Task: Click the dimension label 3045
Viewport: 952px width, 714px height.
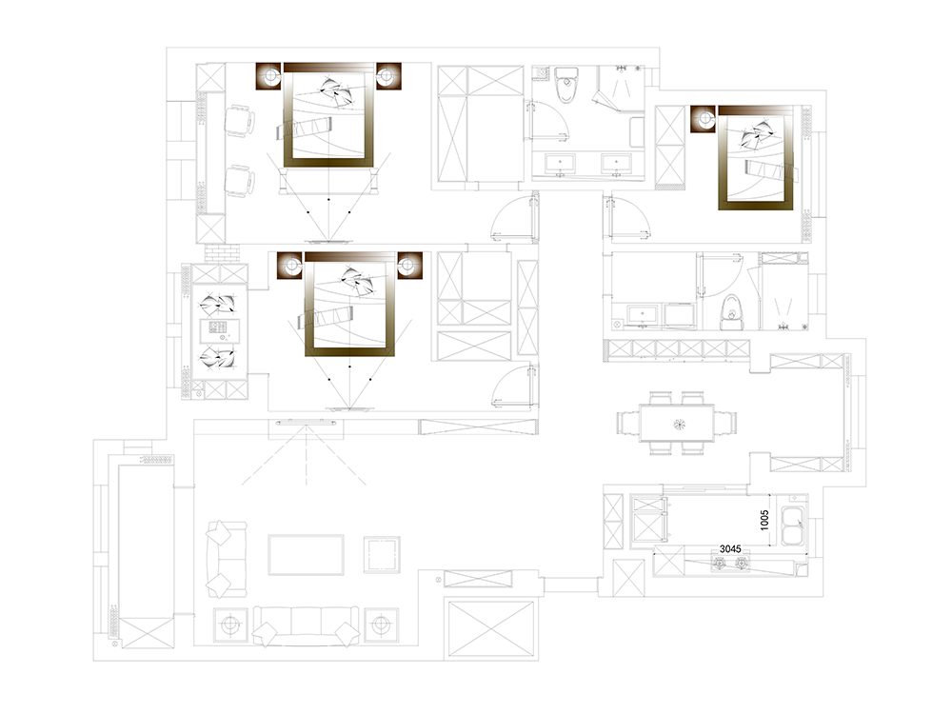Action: [x=730, y=549]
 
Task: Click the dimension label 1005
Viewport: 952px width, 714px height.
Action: [x=764, y=520]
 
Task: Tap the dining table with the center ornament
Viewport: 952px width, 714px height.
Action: [x=676, y=424]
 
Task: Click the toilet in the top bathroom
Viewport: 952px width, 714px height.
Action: [x=565, y=85]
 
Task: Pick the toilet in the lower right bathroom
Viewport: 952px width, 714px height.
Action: [x=732, y=312]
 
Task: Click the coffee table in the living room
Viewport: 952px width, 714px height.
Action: [x=306, y=554]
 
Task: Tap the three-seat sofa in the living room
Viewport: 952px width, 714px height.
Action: [x=306, y=625]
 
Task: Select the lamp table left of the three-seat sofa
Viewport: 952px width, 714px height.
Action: [x=230, y=625]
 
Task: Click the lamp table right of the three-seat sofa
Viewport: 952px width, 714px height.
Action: [x=382, y=625]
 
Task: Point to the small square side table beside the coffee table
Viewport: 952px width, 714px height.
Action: [x=382, y=554]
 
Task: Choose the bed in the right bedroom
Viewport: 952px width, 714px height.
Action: [x=755, y=158]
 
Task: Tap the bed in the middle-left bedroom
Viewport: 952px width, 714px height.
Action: [x=350, y=305]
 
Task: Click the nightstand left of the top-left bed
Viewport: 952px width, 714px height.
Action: [x=269, y=76]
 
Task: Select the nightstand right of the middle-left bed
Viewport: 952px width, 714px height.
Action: [x=409, y=266]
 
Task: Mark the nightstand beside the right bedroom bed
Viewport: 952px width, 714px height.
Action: [x=704, y=118]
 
